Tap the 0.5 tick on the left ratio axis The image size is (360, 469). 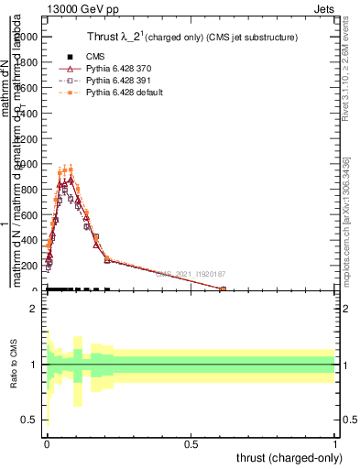[35, 420]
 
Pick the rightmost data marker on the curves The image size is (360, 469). [223, 289]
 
